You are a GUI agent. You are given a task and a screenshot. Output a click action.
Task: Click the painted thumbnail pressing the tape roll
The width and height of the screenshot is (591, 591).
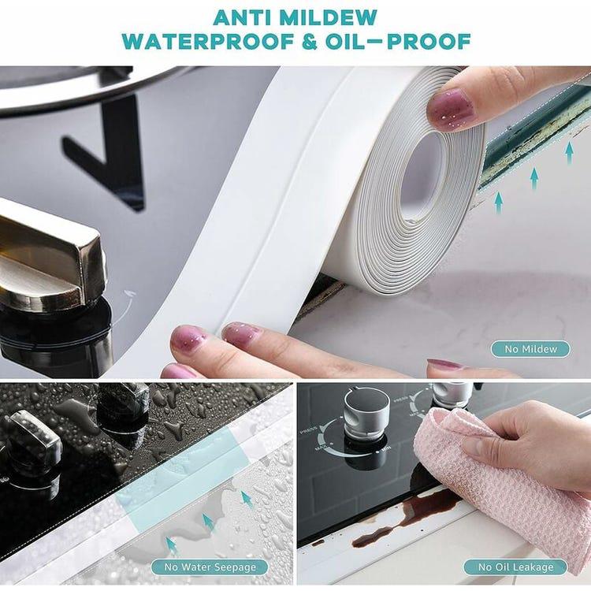(x=450, y=108)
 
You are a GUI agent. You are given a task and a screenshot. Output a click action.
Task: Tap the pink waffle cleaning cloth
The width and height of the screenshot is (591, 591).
(x=512, y=481)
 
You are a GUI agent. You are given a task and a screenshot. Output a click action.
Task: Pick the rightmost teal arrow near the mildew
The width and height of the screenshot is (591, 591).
(x=569, y=152)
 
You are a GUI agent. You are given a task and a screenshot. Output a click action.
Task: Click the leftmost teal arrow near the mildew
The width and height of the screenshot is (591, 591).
(x=498, y=203)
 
